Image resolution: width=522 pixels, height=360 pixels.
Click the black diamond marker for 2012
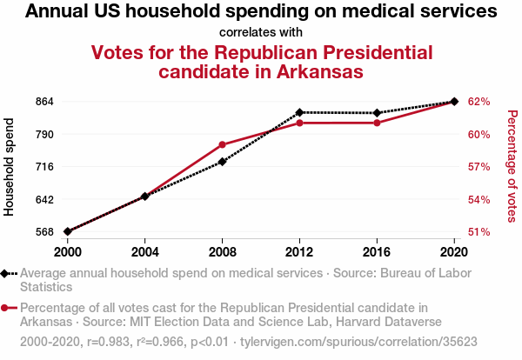pyautogui.click(x=299, y=112)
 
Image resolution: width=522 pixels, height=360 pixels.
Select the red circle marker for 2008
pyautogui.click(x=223, y=144)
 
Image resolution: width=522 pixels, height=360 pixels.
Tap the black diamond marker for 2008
pyautogui.click(x=223, y=162)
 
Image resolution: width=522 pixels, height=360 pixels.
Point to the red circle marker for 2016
pyautogui.click(x=377, y=123)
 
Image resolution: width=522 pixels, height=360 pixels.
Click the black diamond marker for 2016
pyautogui.click(x=377, y=113)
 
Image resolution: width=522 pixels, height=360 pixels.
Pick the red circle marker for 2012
pyautogui.click(x=299, y=123)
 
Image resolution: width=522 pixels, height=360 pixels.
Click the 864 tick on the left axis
pyautogui.click(x=45, y=102)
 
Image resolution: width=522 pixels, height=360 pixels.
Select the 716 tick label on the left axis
pyautogui.click(x=45, y=167)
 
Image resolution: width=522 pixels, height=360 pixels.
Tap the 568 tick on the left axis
pyautogui.click(x=45, y=232)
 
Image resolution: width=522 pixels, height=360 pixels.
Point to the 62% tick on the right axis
pyautogui.click(x=478, y=102)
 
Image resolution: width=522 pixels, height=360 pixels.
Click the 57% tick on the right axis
pyautogui.click(x=478, y=167)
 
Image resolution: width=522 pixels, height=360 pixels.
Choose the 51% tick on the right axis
pyautogui.click(x=478, y=232)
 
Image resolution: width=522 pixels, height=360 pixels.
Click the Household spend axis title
pyautogui.click(x=10, y=167)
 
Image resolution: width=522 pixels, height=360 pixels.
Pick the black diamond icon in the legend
pyautogui.click(x=8, y=273)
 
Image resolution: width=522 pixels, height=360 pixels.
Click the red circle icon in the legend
pyautogui.click(x=8, y=308)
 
